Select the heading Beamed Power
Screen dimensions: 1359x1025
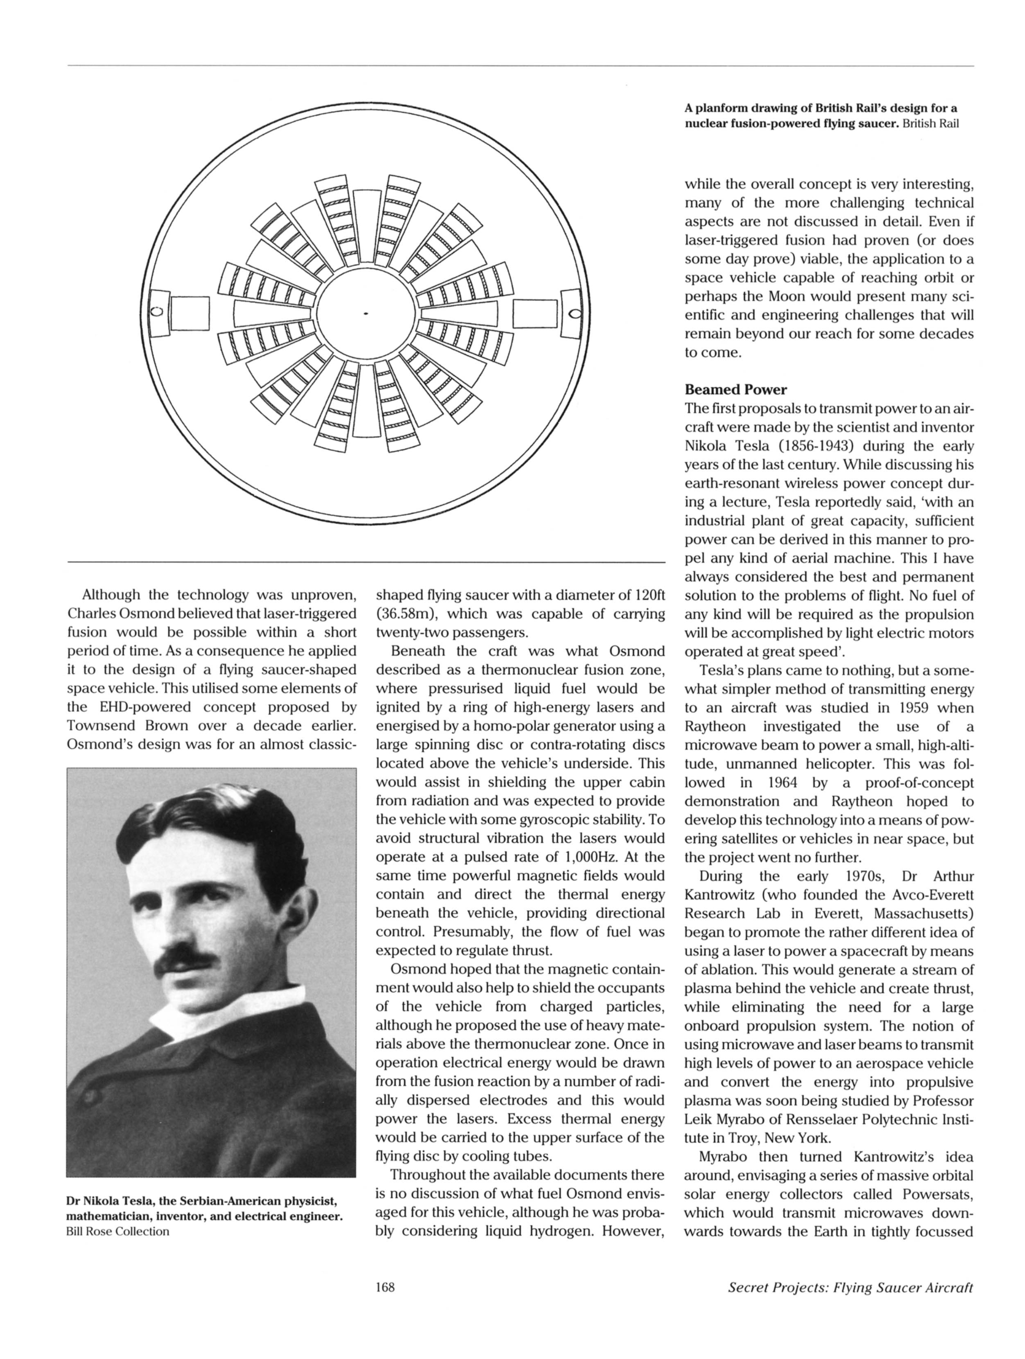coord(735,389)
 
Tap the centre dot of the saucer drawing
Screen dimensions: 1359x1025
coord(365,313)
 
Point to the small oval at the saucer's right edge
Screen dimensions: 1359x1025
coord(576,313)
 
